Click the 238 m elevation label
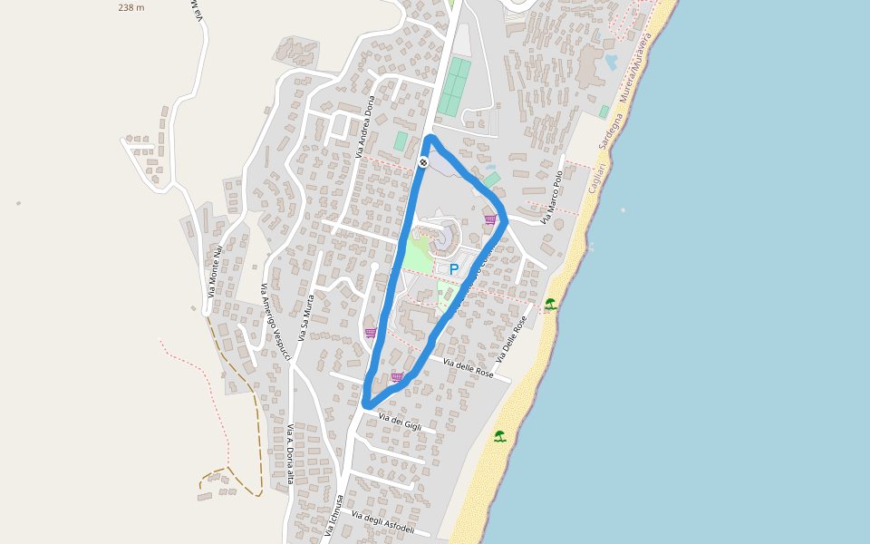130,7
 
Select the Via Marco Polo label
553,197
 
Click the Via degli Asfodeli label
382,523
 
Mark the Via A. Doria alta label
290,453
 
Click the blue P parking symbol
454,269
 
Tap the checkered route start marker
423,162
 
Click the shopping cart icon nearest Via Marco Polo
490,219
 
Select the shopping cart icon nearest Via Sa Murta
371,333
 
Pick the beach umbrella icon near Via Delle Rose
550,304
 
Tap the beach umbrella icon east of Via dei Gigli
499,436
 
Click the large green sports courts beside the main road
454,87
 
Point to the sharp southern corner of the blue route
365,404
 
